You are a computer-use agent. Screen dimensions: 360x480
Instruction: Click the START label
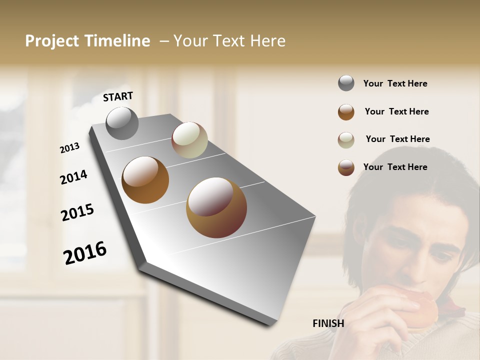(x=118, y=96)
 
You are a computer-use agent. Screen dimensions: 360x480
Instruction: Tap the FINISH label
(x=328, y=323)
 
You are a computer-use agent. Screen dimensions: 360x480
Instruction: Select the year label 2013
(x=70, y=148)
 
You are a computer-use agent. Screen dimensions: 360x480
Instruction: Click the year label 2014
(x=73, y=177)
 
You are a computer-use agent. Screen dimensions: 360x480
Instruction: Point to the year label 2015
(x=77, y=212)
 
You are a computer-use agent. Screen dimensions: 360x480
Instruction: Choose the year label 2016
(x=85, y=253)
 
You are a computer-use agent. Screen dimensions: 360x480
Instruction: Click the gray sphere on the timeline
(x=122, y=123)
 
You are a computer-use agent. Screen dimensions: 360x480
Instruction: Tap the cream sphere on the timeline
(x=189, y=140)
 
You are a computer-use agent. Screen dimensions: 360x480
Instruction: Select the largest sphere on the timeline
(x=216, y=207)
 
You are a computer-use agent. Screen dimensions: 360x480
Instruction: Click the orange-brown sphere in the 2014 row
(x=145, y=180)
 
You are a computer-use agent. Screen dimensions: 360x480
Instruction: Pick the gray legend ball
(x=346, y=83)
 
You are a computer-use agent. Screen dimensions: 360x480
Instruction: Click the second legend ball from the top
(x=346, y=112)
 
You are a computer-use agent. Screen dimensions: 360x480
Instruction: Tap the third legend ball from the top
(x=346, y=140)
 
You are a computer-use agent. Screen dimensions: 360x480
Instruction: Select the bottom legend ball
(x=346, y=167)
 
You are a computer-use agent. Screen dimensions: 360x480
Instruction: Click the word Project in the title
(x=52, y=41)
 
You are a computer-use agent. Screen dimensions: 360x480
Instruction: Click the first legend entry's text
(x=395, y=84)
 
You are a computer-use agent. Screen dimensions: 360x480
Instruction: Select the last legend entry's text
(x=395, y=167)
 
